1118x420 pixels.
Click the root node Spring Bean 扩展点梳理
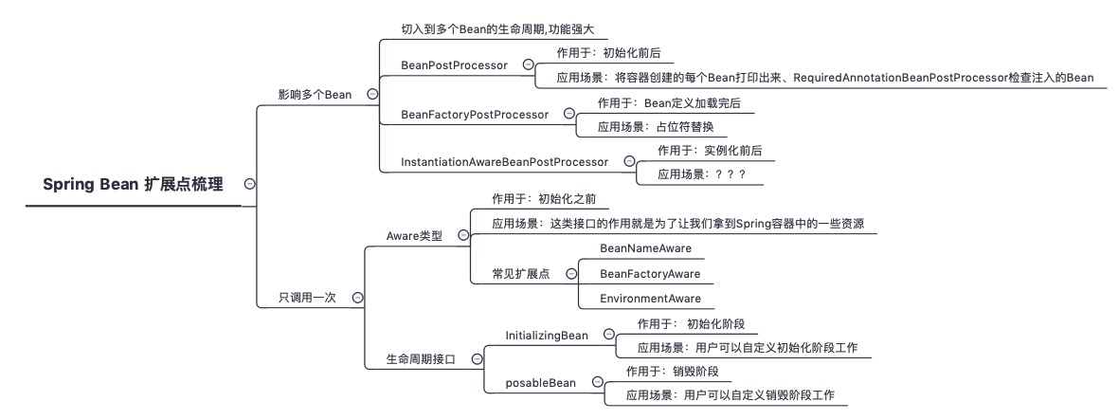[x=134, y=185]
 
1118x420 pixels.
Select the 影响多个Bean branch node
[x=315, y=94]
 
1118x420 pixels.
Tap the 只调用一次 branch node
[x=307, y=297]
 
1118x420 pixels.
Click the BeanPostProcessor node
[x=454, y=64]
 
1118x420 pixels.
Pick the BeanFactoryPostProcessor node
[x=475, y=114]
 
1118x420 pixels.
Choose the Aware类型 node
[x=414, y=235]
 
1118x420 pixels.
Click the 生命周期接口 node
[x=421, y=359]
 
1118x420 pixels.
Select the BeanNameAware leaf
[x=645, y=248]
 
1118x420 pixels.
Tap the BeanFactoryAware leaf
[x=650, y=274]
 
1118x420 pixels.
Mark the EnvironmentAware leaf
[x=650, y=299]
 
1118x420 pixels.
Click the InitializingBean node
[x=547, y=335]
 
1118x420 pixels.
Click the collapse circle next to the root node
[x=249, y=185]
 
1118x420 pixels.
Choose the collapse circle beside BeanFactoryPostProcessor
[x=569, y=113]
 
